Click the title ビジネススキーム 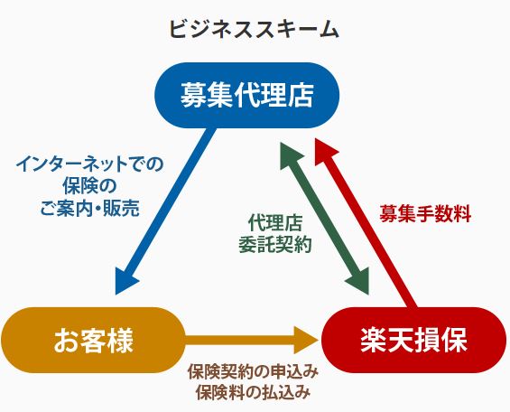click(x=254, y=29)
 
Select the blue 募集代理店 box click(x=247, y=95)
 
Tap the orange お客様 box click(x=93, y=340)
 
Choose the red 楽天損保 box click(x=414, y=340)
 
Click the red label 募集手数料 click(x=425, y=214)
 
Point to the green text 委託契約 click(x=275, y=244)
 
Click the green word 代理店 click(x=275, y=222)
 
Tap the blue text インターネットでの click(x=90, y=164)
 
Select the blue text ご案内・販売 click(x=90, y=209)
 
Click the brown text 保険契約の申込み click(x=253, y=371)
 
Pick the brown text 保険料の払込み click(x=253, y=392)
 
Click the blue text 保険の click(x=90, y=186)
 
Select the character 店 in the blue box click(x=301, y=95)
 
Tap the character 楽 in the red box click(x=374, y=340)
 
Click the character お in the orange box click(x=67, y=340)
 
